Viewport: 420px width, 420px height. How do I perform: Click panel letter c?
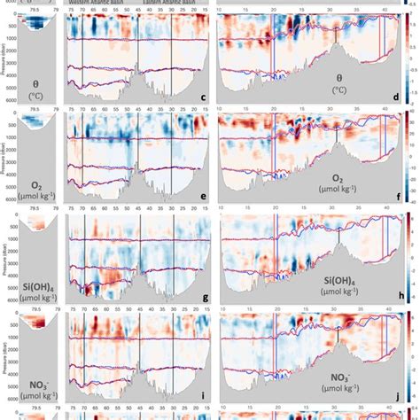point(204,97)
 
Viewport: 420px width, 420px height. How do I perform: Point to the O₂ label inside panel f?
point(339,177)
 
